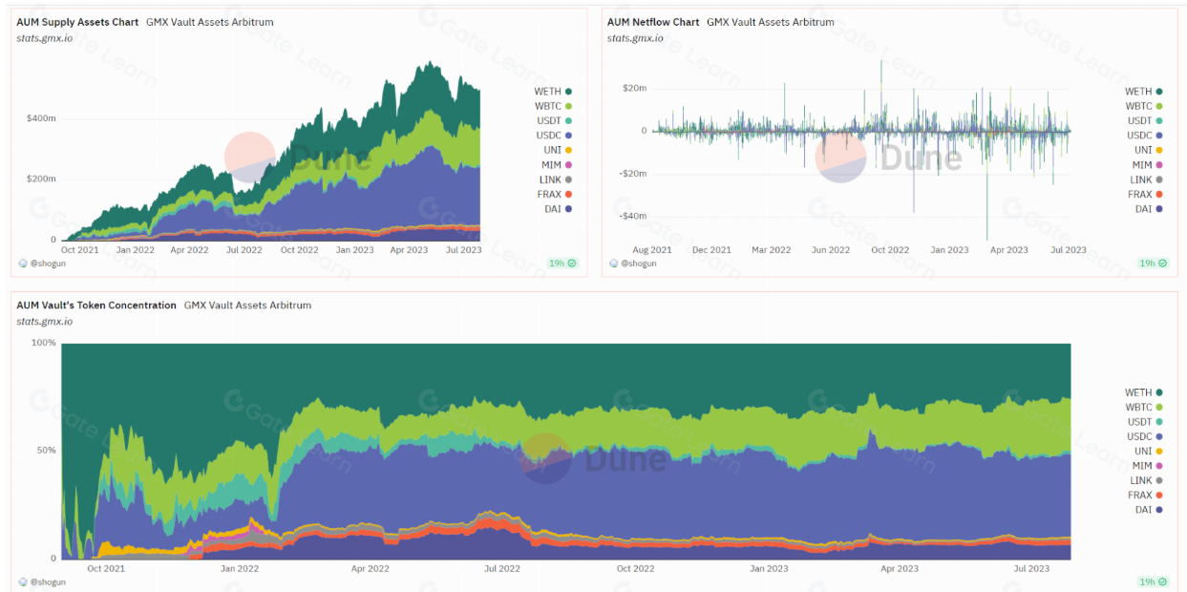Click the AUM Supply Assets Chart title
point(77,22)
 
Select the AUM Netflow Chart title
point(653,22)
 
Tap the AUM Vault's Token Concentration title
point(96,306)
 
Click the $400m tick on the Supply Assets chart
point(41,118)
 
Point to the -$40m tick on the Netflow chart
point(633,216)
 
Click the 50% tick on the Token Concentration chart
point(46,451)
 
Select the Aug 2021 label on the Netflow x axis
point(652,249)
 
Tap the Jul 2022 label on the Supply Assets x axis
point(244,249)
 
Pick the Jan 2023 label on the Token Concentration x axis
point(769,569)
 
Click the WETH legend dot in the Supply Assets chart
point(568,92)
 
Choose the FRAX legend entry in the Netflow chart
point(1145,195)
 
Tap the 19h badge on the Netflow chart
point(1152,264)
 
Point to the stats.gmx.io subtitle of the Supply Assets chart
point(45,38)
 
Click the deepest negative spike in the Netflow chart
point(986,239)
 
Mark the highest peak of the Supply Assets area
point(431,62)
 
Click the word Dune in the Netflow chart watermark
point(921,158)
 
